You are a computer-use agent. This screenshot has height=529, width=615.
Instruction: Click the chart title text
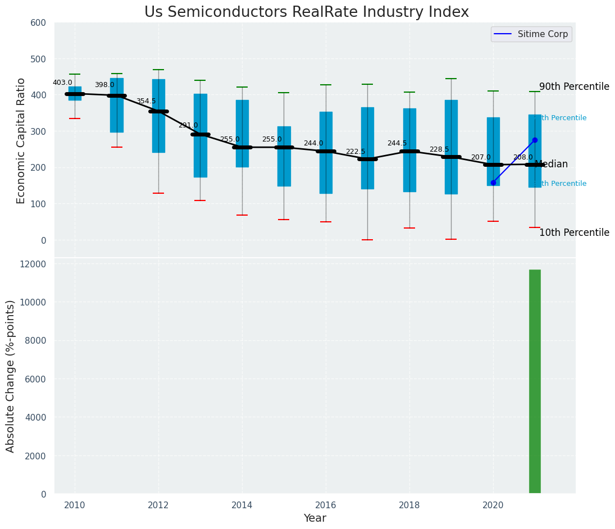click(306, 12)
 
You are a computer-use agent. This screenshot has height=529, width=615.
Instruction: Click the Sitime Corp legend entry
click(531, 34)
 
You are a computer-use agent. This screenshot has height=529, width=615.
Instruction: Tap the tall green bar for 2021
click(535, 382)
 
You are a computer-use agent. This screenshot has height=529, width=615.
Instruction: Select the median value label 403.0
click(62, 83)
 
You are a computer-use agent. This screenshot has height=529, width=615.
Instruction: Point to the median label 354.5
click(146, 101)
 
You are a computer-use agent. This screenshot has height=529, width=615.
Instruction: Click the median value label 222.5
click(356, 152)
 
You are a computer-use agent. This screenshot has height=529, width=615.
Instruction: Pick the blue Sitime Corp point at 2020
click(493, 183)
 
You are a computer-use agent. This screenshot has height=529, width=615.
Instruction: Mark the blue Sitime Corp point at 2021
click(535, 140)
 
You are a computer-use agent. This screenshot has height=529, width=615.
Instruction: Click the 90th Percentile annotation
click(574, 86)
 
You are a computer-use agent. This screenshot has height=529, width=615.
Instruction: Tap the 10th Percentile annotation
click(574, 232)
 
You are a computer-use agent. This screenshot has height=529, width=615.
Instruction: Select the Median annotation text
click(551, 165)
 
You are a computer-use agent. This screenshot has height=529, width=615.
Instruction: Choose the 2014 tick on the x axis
click(242, 505)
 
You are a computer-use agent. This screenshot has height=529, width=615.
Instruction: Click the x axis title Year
click(315, 518)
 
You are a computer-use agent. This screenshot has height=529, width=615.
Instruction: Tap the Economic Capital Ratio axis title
click(21, 140)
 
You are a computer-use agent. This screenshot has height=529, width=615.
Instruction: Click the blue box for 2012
click(158, 116)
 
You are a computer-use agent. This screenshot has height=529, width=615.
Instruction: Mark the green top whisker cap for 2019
click(451, 79)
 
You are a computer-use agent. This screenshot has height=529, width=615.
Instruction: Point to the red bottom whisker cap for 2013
click(200, 200)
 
